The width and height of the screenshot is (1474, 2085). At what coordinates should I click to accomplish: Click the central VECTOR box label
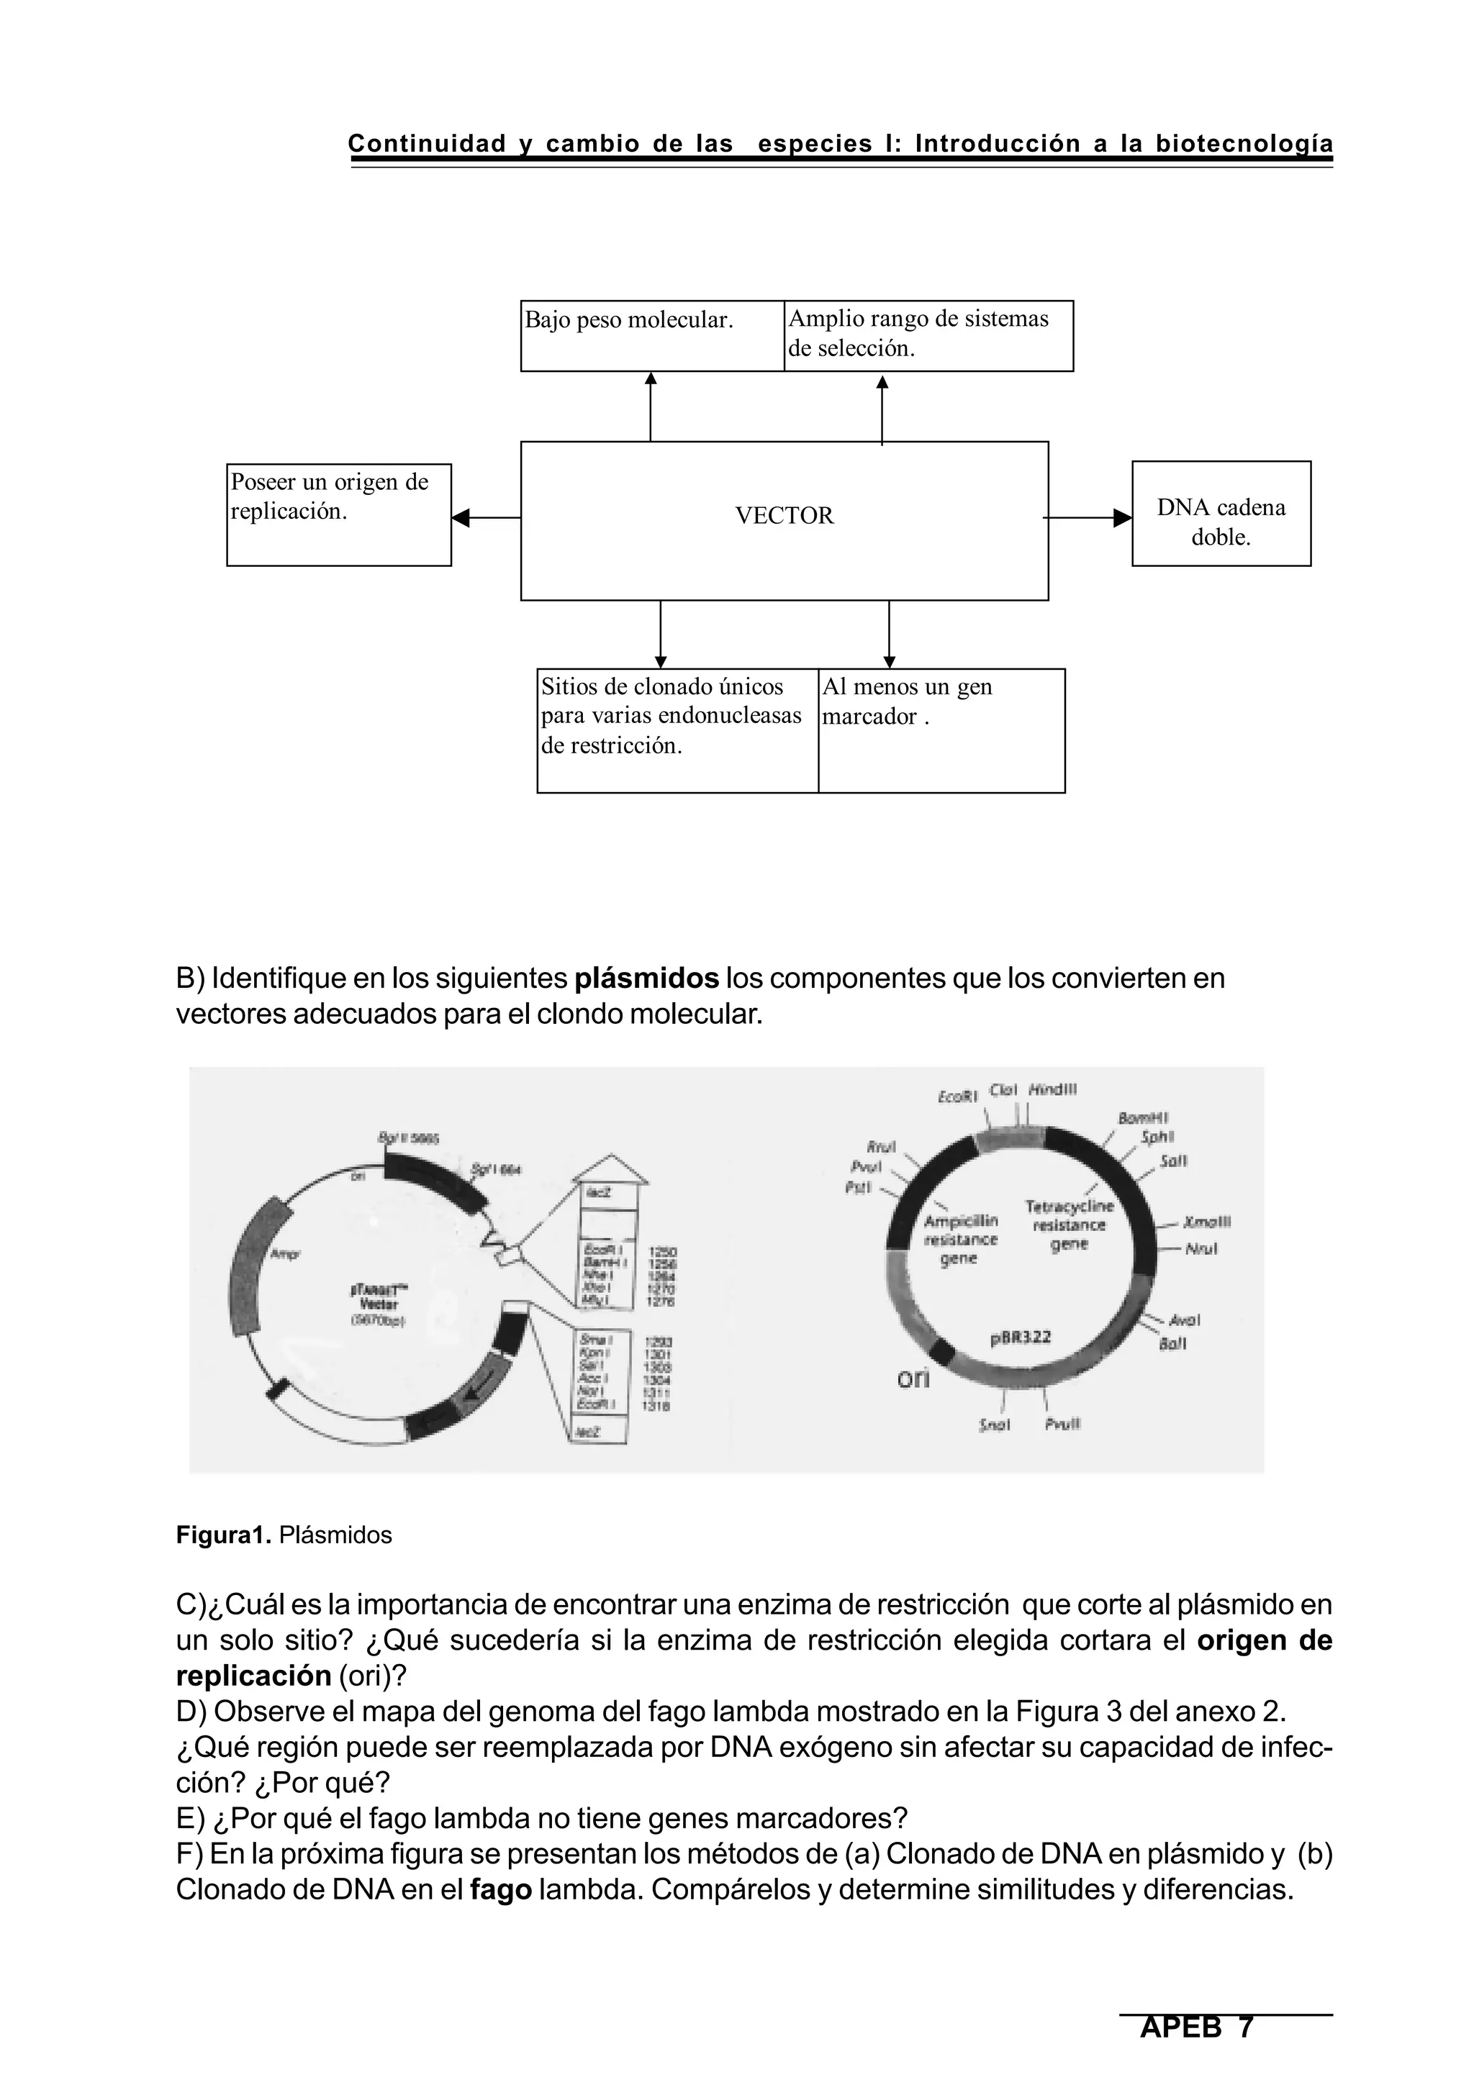(x=784, y=516)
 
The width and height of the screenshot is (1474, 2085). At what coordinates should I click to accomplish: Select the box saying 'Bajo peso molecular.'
(x=651, y=335)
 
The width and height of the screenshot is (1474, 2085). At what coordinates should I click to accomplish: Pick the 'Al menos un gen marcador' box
(x=941, y=730)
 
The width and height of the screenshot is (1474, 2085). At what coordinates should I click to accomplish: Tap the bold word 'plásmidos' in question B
(x=646, y=979)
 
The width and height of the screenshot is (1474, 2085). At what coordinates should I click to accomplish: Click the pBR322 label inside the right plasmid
(x=1019, y=1337)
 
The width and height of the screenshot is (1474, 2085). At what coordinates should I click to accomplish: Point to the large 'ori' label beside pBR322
(x=913, y=1378)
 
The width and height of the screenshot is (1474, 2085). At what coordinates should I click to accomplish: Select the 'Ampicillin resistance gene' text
(x=961, y=1240)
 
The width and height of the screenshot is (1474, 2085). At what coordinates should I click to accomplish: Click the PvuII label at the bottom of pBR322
(x=1062, y=1425)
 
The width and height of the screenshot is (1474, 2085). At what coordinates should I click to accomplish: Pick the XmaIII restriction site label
(x=1208, y=1222)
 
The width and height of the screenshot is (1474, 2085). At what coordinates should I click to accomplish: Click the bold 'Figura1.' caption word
(x=223, y=1535)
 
